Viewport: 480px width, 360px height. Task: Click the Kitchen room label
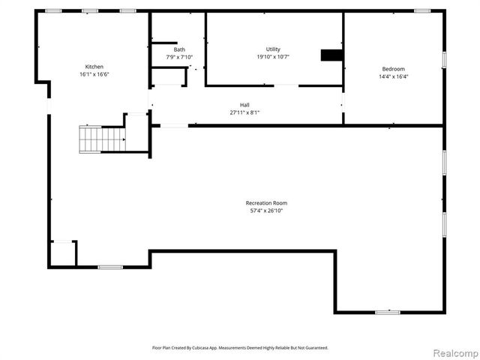point(94,67)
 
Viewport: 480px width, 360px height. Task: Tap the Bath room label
point(169,49)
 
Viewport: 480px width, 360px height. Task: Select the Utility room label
point(273,49)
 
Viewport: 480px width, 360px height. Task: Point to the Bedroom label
point(393,69)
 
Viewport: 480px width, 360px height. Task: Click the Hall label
point(244,105)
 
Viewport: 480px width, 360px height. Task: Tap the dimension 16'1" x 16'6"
point(94,74)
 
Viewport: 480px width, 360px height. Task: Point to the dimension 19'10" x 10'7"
point(273,57)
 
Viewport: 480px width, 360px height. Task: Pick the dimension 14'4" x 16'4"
point(393,76)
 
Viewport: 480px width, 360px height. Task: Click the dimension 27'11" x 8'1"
point(244,112)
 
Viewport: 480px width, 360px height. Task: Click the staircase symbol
point(102,139)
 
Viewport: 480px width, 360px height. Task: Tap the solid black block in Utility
point(331,55)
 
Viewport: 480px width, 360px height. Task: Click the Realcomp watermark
point(454,352)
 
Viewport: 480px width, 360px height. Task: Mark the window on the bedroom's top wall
point(423,10)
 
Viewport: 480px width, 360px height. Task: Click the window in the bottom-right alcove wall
point(387,312)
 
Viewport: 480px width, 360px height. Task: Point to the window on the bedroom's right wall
point(444,58)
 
